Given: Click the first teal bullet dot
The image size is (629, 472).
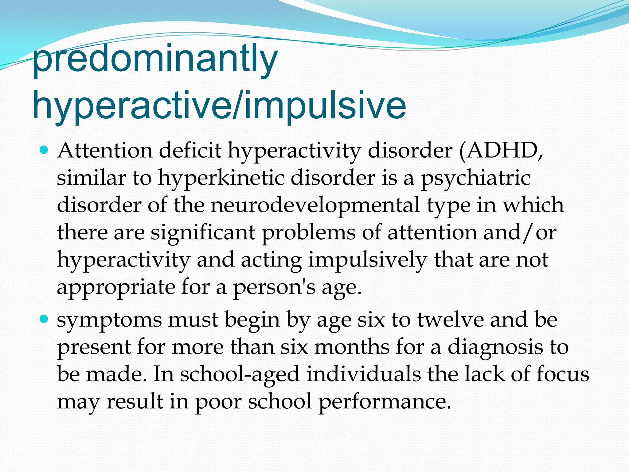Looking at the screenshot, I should (x=45, y=150).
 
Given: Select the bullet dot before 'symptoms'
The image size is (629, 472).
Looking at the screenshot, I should (x=45, y=319).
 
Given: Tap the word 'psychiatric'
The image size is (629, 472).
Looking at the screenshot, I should (x=475, y=178).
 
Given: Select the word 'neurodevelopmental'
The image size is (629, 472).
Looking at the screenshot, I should (x=315, y=205).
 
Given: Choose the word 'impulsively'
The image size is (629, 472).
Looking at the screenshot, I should (x=367, y=260).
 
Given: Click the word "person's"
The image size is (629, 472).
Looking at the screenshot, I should (x=274, y=287).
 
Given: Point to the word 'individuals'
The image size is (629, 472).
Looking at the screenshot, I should (x=364, y=374).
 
